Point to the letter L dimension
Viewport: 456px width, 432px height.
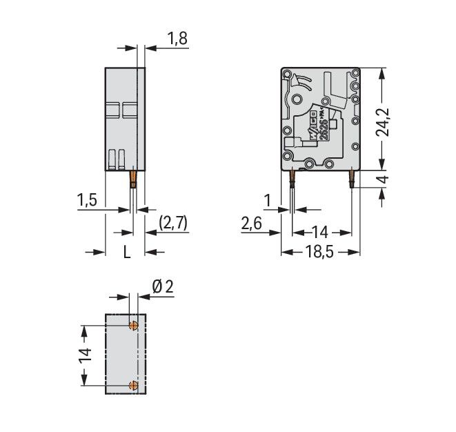pos(126,253)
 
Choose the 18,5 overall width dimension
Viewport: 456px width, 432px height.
pos(320,253)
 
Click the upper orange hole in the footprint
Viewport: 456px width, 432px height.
pos(135,324)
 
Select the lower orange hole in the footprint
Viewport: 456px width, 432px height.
pos(135,384)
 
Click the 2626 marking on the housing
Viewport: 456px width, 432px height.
pos(322,128)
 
